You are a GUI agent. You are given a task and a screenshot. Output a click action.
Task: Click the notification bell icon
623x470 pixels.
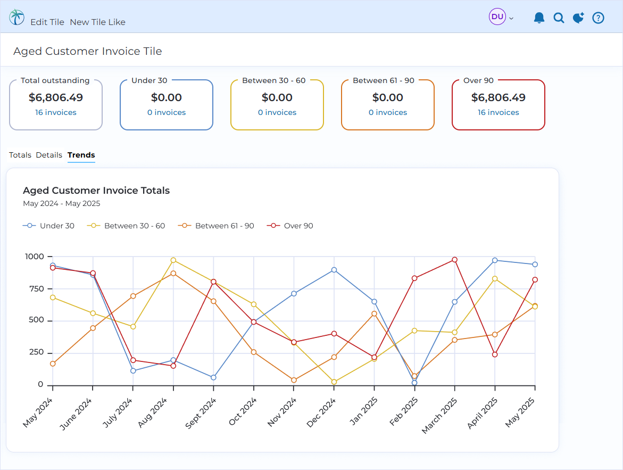point(539,18)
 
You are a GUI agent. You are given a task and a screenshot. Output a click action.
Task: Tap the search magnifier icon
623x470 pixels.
point(559,18)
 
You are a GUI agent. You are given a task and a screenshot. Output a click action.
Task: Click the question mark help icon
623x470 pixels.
point(598,18)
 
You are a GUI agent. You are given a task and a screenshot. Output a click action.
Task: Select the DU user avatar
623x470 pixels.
point(497,17)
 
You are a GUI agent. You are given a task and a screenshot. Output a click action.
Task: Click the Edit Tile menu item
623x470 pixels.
point(47,22)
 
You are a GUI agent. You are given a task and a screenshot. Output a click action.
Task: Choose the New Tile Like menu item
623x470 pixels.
point(98,22)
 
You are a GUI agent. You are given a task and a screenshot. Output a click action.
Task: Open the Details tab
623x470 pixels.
point(49,155)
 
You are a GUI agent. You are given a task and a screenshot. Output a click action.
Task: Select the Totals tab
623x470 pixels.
point(20,155)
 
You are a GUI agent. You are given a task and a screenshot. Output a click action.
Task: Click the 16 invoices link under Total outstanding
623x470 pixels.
point(56,112)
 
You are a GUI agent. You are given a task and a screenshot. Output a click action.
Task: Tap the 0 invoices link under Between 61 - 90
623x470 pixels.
point(388,112)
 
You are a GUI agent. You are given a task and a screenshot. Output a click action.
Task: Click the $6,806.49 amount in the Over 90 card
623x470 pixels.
point(499,97)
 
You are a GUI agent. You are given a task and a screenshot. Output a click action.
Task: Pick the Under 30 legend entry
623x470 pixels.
point(48,226)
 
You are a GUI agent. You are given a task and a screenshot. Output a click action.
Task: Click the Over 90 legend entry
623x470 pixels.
point(290,226)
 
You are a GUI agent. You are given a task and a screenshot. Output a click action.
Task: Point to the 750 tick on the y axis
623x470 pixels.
point(37,288)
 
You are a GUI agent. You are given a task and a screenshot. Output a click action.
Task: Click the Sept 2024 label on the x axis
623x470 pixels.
point(201,413)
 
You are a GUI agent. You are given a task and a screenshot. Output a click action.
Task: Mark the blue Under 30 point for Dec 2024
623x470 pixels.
point(334,270)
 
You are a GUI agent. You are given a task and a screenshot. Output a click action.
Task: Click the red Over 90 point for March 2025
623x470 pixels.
point(454,260)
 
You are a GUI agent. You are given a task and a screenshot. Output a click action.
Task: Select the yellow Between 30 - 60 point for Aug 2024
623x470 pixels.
point(173,260)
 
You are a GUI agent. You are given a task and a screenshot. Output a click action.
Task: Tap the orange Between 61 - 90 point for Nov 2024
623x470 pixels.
point(294,380)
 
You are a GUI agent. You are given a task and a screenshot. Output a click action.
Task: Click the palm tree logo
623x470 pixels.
point(16,17)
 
